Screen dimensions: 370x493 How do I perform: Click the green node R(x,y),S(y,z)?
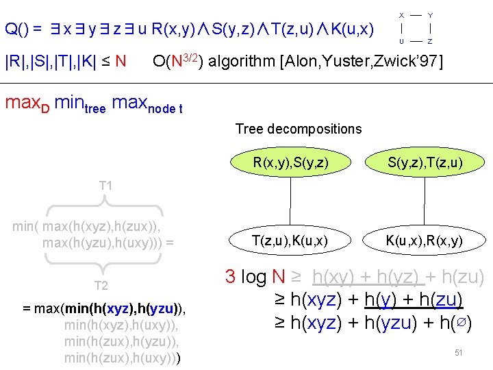click(290, 162)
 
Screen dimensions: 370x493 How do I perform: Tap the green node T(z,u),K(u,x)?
click(290, 240)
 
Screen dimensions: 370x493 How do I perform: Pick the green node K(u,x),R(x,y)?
click(425, 240)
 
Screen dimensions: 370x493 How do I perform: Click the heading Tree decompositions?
click(299, 129)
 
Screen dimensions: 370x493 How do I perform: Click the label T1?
click(105, 186)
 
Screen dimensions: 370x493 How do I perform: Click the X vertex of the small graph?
click(401, 14)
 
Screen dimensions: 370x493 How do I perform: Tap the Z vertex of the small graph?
click(429, 41)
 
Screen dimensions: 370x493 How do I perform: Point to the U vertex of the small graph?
click(401, 41)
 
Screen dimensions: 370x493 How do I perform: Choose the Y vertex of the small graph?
click(429, 14)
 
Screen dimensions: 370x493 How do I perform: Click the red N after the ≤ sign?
click(121, 62)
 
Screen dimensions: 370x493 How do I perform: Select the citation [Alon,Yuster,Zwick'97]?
click(362, 62)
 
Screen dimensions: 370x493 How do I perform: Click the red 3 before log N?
click(231, 277)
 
